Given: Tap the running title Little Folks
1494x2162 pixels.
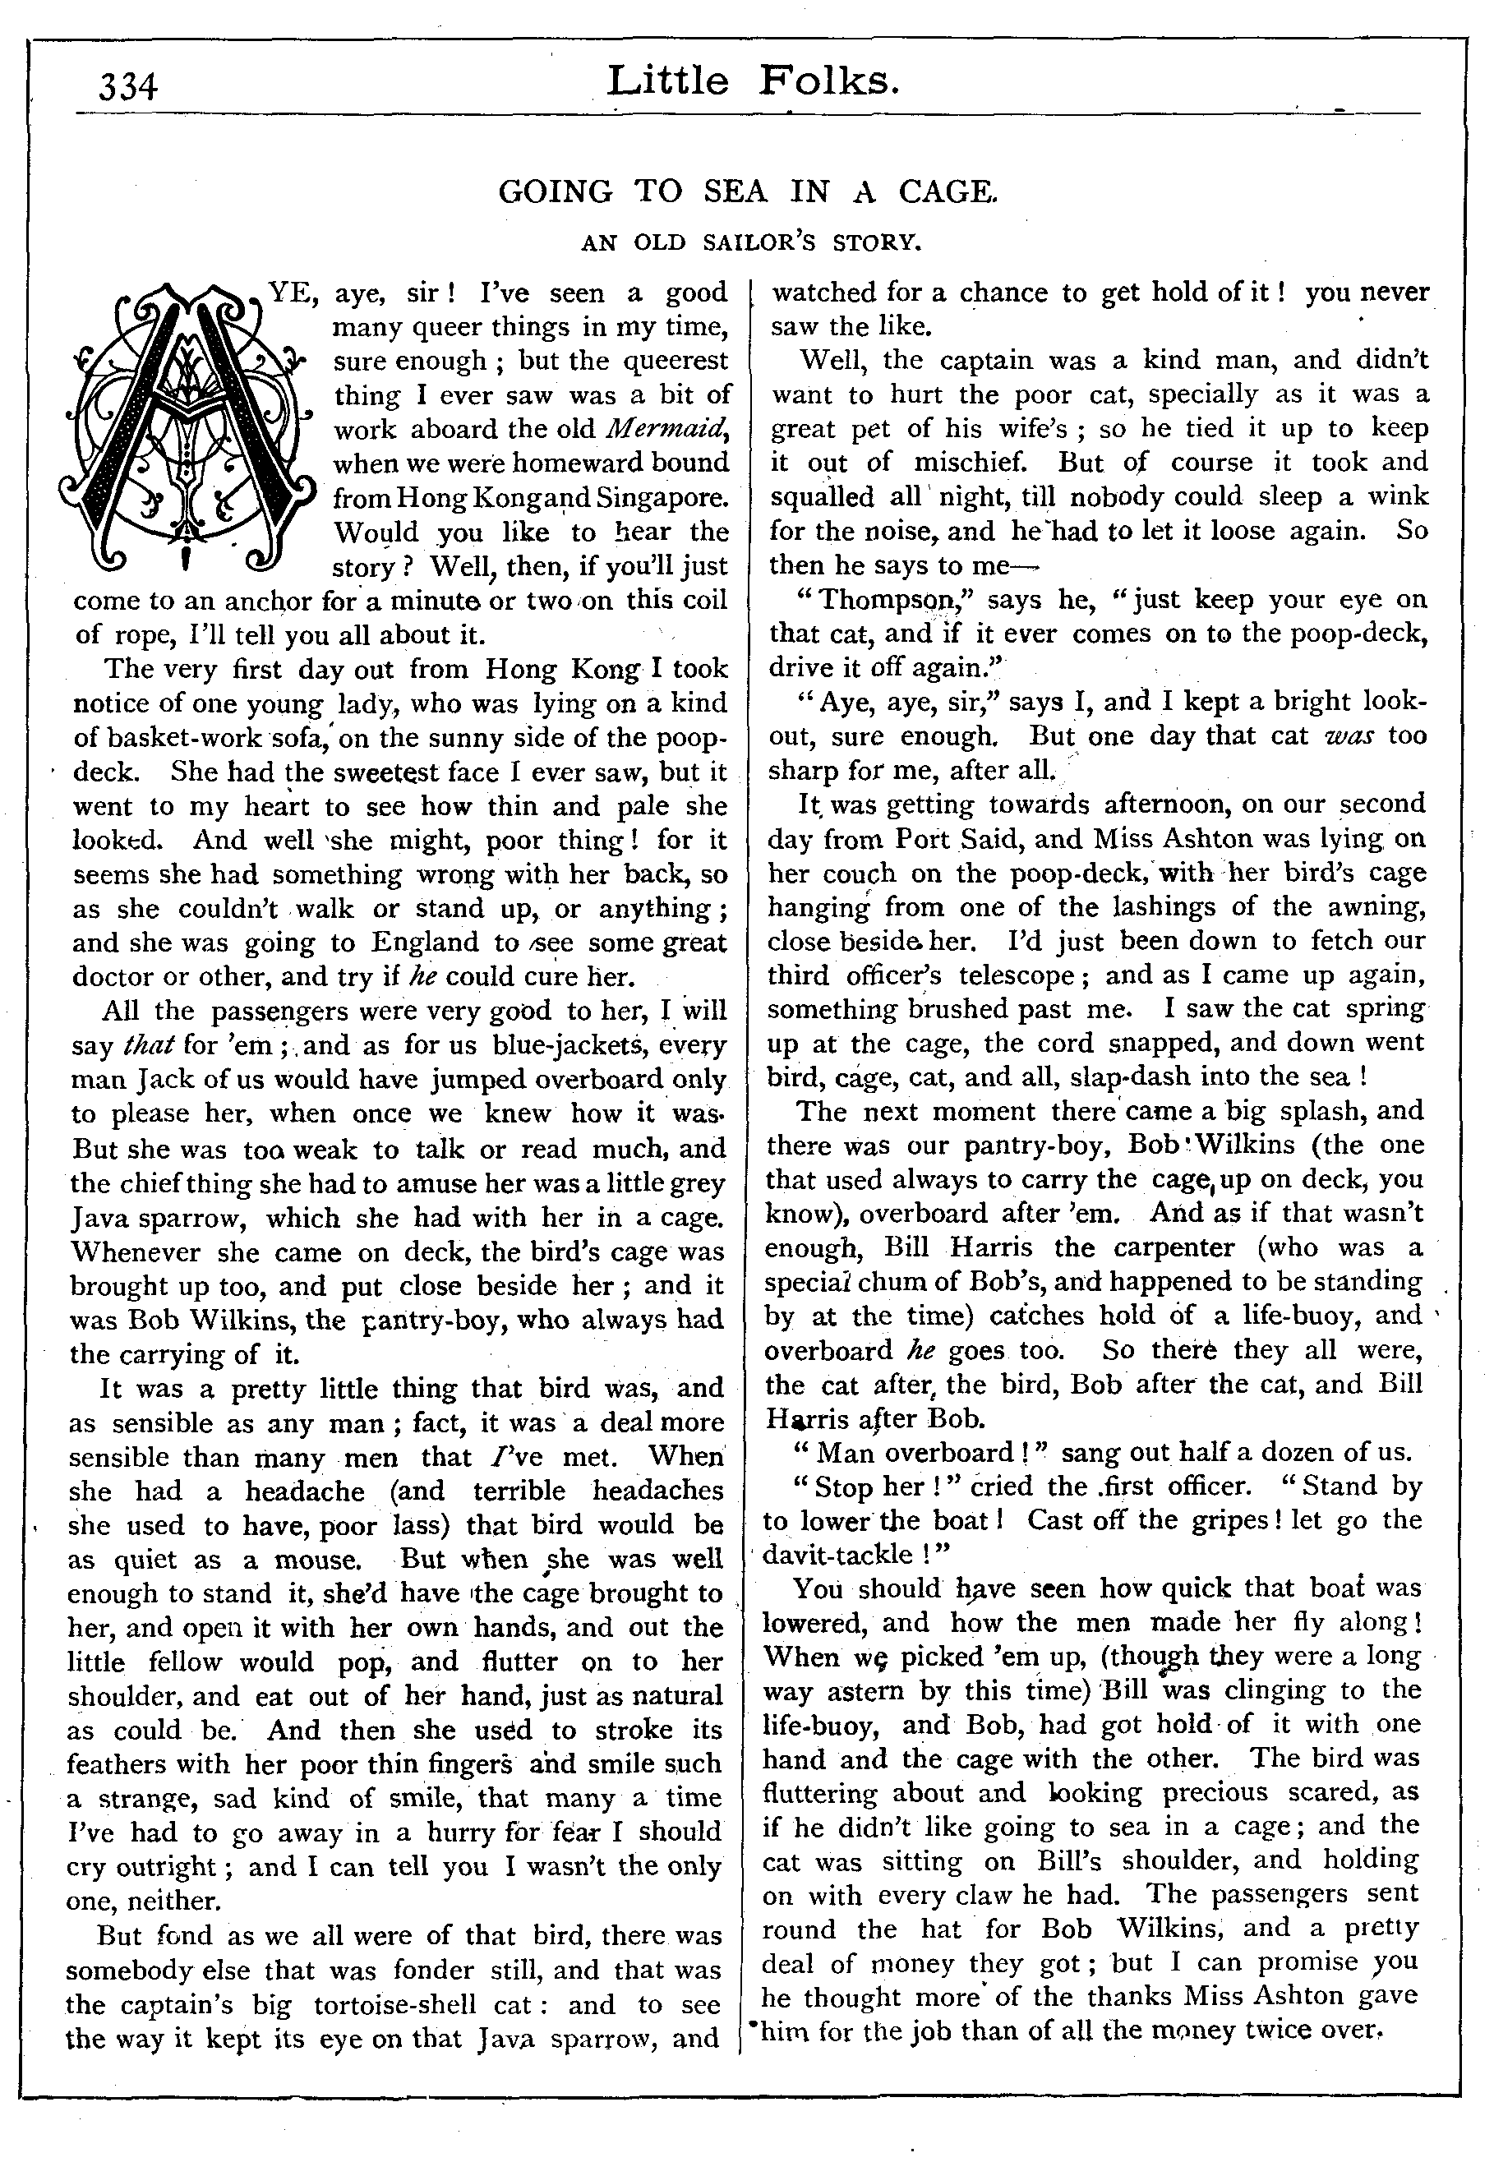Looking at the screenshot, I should [x=754, y=81].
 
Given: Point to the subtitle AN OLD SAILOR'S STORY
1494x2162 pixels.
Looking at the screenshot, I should [x=752, y=243].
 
